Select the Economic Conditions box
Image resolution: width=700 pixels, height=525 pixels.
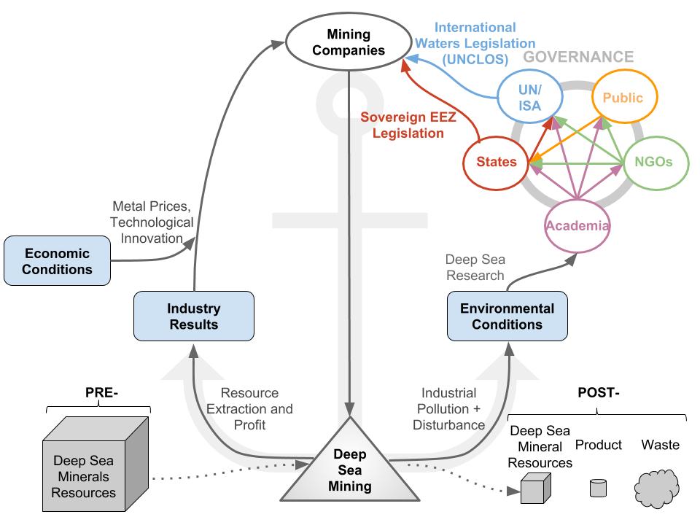pos(57,261)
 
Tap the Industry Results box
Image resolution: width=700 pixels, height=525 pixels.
pos(194,316)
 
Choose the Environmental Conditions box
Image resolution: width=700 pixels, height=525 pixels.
pos(507,316)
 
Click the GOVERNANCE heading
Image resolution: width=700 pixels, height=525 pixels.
pos(578,57)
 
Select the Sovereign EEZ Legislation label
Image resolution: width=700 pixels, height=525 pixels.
pos(408,125)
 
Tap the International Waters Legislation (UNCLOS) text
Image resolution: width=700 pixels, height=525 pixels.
pos(475,43)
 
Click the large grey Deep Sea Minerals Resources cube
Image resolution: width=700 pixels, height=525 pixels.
pos(96,464)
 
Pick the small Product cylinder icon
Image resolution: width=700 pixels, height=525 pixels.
pos(598,488)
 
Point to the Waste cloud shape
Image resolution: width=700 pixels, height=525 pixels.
pos(657,489)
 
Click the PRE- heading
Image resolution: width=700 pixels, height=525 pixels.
pos(101,392)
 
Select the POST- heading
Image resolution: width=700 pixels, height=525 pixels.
pos(598,392)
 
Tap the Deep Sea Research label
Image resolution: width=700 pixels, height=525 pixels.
pos(475,268)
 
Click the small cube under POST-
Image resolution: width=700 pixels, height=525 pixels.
pos(536,489)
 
